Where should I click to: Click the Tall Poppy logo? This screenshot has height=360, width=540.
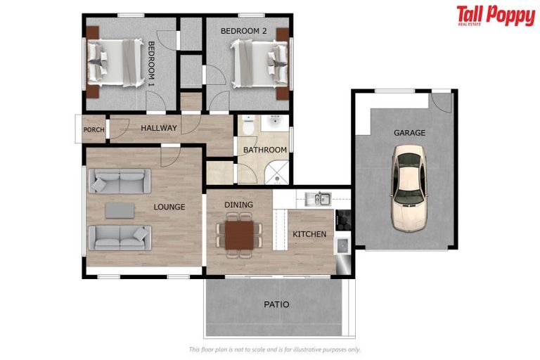tap(495, 15)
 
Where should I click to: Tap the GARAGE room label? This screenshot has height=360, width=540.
tap(409, 132)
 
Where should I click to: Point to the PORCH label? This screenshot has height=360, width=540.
tap(94, 129)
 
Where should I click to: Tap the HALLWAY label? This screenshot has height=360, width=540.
tap(159, 128)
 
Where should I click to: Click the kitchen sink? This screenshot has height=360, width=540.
tap(322, 199)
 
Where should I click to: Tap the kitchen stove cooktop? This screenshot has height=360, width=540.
tap(343, 220)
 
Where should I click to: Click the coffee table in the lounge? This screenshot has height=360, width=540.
tap(119, 210)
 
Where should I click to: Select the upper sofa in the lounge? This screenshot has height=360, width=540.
tap(119, 183)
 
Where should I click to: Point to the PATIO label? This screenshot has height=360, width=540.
tap(276, 304)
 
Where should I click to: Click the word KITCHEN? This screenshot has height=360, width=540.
tap(309, 233)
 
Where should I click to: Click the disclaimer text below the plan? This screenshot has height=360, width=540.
tap(275, 349)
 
